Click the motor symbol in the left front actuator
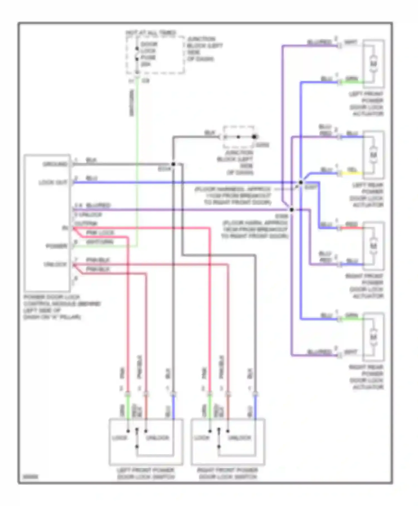373,64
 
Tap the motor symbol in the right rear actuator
373,337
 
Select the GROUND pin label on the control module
55,164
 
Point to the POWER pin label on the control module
57,246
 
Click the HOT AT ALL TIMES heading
151,33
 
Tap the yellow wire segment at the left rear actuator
352,173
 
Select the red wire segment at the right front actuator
352,228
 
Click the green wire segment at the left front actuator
352,82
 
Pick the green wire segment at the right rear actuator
352,319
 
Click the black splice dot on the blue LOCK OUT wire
301,183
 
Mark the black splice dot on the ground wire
173,164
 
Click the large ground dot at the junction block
254,137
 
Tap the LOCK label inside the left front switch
120,438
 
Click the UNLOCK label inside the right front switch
239,438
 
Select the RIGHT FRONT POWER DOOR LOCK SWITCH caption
228,473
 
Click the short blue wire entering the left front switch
173,407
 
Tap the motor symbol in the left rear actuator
373,155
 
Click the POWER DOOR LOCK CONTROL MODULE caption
62,307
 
